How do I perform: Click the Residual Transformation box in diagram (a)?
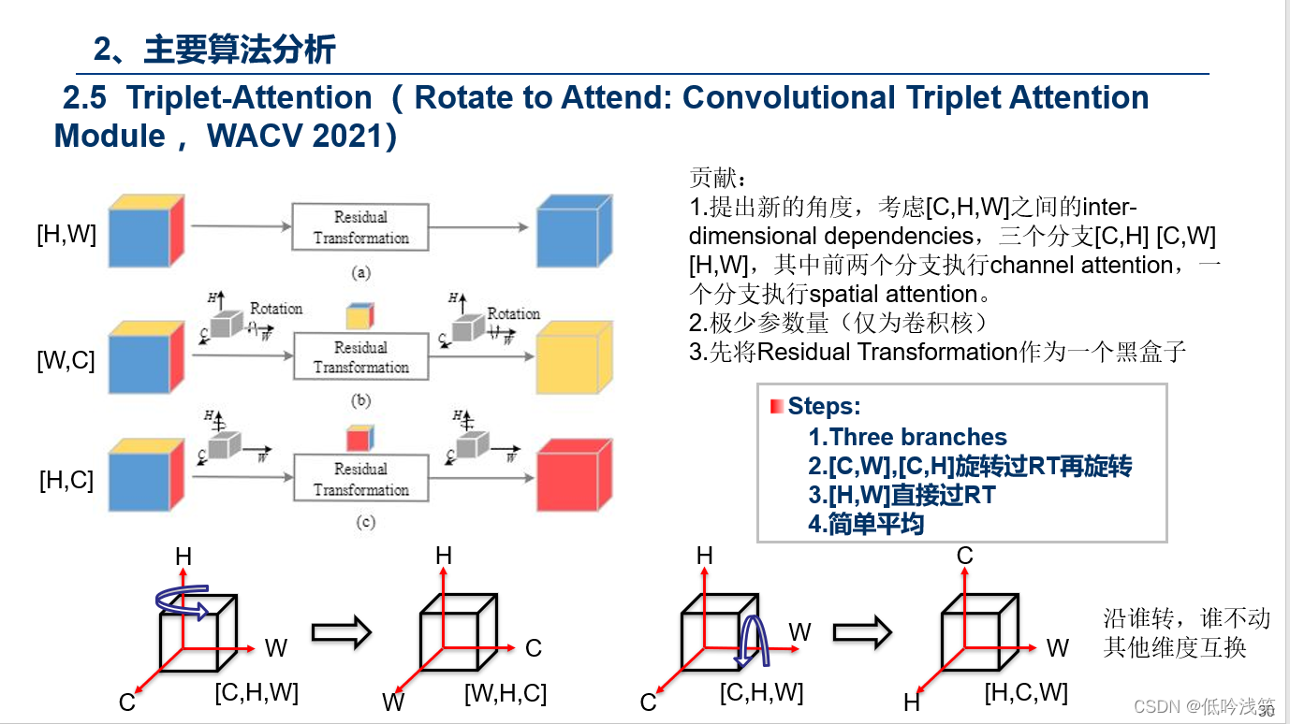point(360,227)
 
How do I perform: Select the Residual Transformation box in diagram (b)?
point(360,357)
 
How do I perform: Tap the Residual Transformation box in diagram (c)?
point(360,478)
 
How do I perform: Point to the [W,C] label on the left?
point(66,361)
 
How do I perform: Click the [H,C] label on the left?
point(66,481)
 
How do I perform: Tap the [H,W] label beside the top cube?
point(66,234)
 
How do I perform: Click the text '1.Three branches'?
point(907,437)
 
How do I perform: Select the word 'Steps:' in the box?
point(824,406)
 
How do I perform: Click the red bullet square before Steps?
point(776,407)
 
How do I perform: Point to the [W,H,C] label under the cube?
point(505,694)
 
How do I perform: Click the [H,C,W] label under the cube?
point(1025,693)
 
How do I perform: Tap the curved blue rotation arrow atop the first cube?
point(183,601)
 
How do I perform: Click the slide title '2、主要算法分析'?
point(214,50)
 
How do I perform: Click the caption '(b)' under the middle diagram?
point(360,400)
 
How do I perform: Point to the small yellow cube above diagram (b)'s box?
point(359,316)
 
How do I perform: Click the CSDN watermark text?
point(1203,706)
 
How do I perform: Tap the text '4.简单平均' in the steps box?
point(866,524)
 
